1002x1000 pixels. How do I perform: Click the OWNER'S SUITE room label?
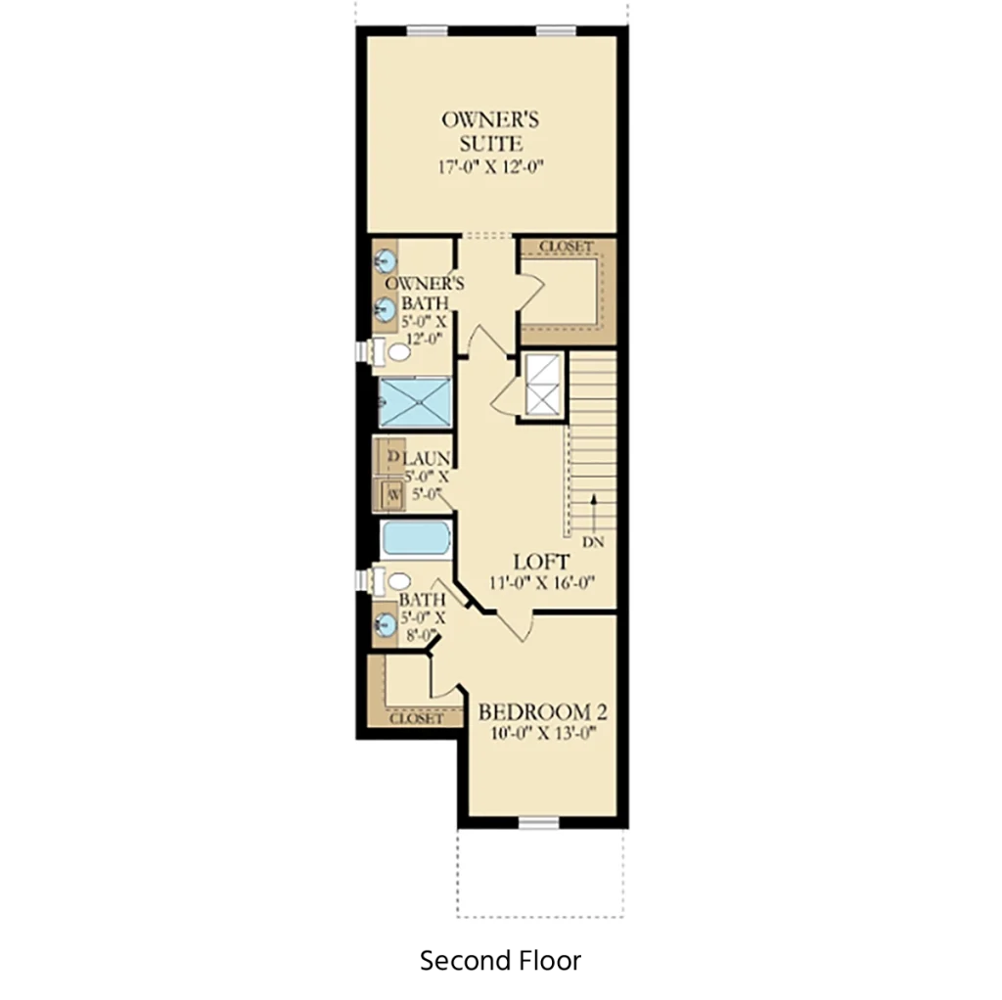(x=490, y=131)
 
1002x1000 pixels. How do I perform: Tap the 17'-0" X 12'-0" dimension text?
(x=490, y=167)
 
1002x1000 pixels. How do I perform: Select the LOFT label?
(x=541, y=563)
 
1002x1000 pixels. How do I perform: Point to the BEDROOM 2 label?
(x=542, y=711)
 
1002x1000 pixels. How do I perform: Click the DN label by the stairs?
(x=593, y=542)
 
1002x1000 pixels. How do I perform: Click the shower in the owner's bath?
(x=415, y=402)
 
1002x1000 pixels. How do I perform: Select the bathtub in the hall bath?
(x=416, y=539)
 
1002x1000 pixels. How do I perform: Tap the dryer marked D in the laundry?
(x=388, y=456)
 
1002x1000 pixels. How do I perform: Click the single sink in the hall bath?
(x=386, y=624)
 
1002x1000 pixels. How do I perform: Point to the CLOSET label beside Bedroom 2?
(x=416, y=719)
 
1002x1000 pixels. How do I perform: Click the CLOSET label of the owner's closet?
(x=567, y=246)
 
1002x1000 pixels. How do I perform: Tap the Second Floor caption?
(x=500, y=961)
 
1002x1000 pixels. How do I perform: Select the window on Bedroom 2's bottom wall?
(x=539, y=822)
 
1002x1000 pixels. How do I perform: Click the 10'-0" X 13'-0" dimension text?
(x=543, y=734)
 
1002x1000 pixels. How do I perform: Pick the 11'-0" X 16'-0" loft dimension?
(x=542, y=583)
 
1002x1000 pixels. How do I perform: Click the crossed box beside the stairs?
(x=542, y=386)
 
